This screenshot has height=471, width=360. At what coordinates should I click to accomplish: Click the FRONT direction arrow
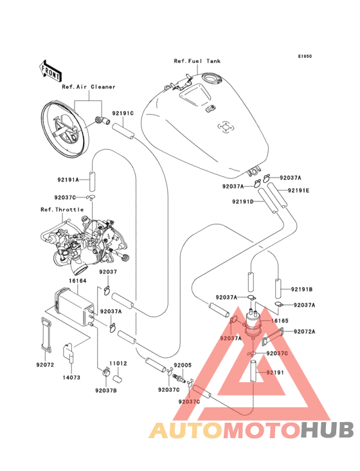50,71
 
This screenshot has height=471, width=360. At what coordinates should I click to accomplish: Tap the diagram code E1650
305,56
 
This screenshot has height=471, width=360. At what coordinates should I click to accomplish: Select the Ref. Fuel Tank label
197,61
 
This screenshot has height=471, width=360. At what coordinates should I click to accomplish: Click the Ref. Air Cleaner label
89,87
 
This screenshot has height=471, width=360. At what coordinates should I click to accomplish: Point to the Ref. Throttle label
62,209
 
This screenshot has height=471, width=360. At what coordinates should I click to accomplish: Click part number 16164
77,281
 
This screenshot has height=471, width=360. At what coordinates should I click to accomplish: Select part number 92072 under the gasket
45,365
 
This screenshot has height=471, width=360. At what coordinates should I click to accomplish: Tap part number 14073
71,377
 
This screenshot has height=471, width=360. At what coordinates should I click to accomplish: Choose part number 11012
118,364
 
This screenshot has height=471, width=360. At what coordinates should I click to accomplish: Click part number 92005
183,365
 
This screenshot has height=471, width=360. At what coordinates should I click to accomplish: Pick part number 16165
279,320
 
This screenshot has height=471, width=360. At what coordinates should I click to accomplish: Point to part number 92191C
123,113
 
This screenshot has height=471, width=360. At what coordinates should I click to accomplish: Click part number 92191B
301,290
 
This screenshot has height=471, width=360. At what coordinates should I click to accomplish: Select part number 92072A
305,331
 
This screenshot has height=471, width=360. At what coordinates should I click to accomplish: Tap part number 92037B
106,391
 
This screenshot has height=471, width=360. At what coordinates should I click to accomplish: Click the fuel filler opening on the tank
212,78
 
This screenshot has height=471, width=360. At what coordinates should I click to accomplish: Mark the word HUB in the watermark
327,430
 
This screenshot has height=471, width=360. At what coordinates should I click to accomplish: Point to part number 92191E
298,190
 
